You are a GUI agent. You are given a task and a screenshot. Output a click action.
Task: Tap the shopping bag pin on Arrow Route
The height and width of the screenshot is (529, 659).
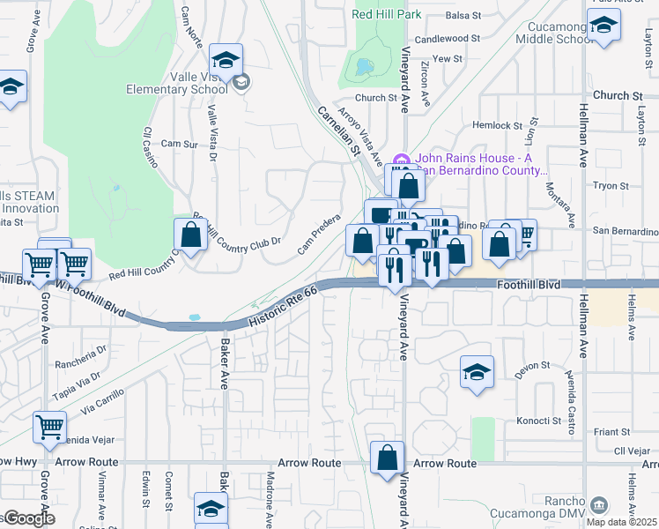click(387, 458)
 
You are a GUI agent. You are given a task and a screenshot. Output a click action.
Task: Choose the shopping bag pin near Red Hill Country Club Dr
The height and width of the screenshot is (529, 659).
click(190, 235)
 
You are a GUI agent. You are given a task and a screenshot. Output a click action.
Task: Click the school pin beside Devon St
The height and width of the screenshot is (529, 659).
click(477, 371)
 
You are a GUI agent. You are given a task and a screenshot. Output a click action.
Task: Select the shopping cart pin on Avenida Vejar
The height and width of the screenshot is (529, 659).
click(50, 428)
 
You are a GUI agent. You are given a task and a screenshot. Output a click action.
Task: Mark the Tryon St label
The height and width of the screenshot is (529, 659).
click(610, 186)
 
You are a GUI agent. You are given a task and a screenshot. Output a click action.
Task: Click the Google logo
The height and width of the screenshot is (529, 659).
click(28, 518)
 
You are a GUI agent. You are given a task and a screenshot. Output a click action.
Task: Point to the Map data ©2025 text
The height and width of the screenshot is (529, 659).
click(622, 521)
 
